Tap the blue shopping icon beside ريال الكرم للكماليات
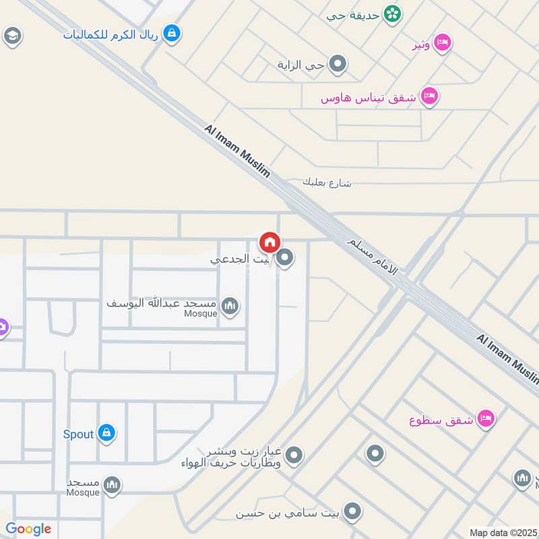pos(172,32)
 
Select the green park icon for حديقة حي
pos(391,13)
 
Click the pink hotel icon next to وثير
pos(442,43)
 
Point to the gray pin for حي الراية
pos(339,65)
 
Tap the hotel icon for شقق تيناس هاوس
pos(429,96)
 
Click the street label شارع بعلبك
pos(327,183)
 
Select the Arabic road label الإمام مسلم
pos(373,257)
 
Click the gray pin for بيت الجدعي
pos(285,258)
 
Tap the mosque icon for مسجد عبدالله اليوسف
pos(230,307)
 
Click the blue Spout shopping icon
pos(106,434)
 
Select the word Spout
pos(78,434)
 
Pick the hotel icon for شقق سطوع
pos(485,419)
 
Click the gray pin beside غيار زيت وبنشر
pos(293,456)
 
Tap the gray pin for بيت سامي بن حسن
pos(351,513)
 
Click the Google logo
pos(28,529)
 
